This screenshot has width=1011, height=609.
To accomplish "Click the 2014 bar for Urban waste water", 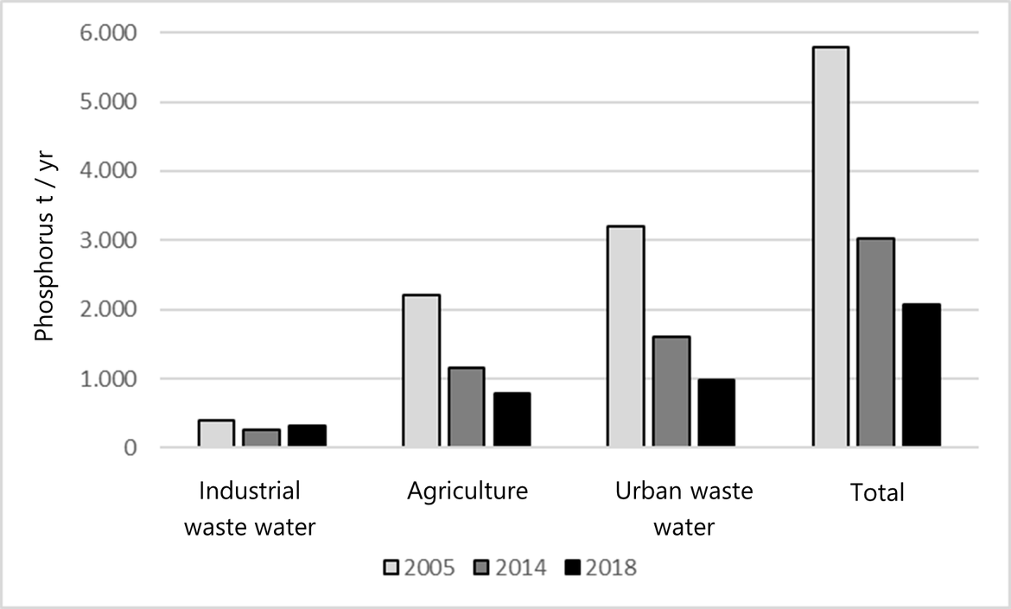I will [671, 392].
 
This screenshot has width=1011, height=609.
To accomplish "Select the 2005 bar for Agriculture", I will [421, 371].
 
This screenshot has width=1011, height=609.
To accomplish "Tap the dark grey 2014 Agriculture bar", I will [467, 408].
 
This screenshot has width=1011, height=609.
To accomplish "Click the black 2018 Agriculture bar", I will [512, 420].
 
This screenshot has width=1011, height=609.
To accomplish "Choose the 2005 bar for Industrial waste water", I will [216, 434].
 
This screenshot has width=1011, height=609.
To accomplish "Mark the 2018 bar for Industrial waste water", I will [307, 436].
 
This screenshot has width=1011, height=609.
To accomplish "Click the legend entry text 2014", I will [521, 568].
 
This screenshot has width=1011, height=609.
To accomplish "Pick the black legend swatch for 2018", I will [572, 568].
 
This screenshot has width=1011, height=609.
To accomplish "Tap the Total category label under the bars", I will [876, 493].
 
